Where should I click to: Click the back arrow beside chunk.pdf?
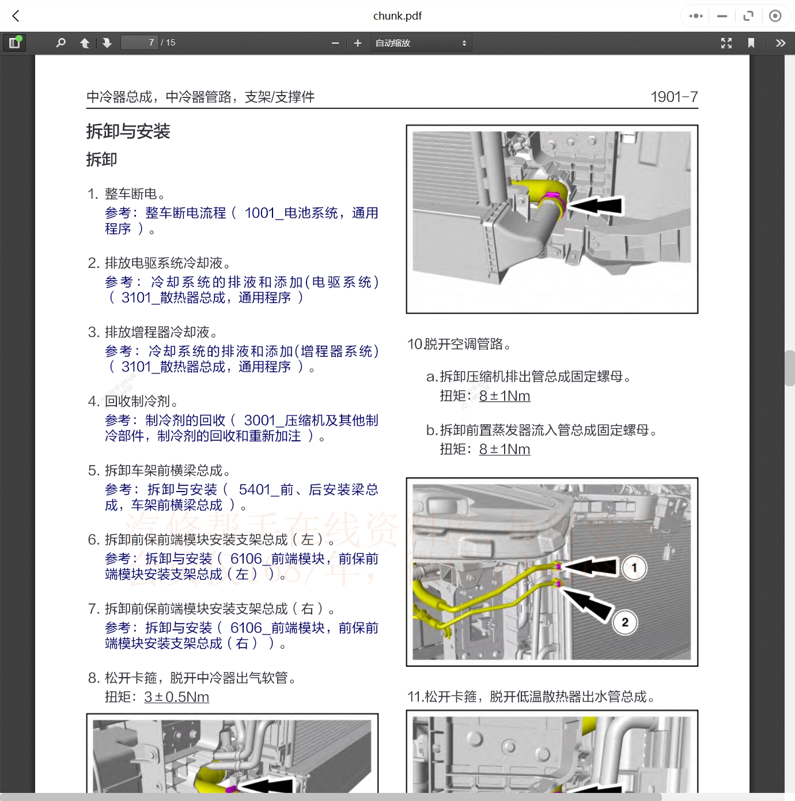pyautogui.click(x=16, y=16)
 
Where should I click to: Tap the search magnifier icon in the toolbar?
pyautogui.click(x=60, y=43)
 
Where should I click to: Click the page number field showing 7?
pyautogui.click(x=139, y=43)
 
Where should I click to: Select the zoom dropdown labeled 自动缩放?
pyautogui.click(x=421, y=43)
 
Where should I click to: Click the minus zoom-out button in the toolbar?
pyautogui.click(x=335, y=43)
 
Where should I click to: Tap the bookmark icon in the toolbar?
pyautogui.click(x=751, y=43)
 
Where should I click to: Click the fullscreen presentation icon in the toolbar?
pyautogui.click(x=726, y=43)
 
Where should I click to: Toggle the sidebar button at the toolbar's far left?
pyautogui.click(x=14, y=43)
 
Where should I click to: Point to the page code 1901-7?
pyautogui.click(x=673, y=97)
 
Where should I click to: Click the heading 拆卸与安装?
pyautogui.click(x=128, y=131)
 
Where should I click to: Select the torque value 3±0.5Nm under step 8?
pyautogui.click(x=176, y=697)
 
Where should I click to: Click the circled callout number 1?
pyautogui.click(x=634, y=568)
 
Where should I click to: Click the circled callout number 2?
pyautogui.click(x=625, y=622)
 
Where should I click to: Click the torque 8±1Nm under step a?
pyautogui.click(x=504, y=396)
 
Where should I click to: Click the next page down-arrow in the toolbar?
pyautogui.click(x=107, y=43)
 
